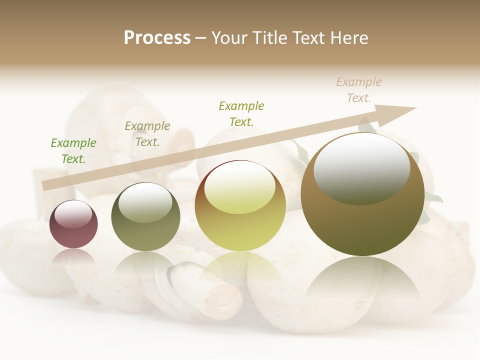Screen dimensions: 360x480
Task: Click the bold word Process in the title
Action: pos(157,38)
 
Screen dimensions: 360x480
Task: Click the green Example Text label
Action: pos(73,151)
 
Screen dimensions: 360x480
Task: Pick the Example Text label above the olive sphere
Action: pos(147,134)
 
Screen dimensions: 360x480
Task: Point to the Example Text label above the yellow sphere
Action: pos(241,114)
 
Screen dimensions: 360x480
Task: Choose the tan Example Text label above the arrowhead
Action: pos(359,90)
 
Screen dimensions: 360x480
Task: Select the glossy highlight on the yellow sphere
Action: pos(239,186)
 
